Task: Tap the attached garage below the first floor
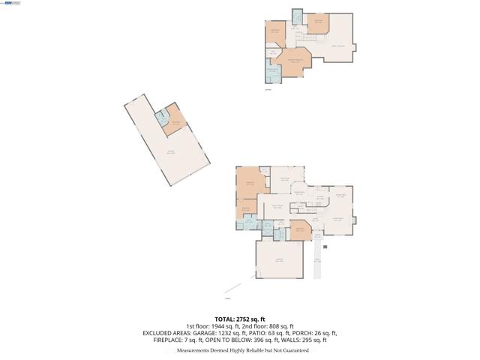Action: pyautogui.click(x=280, y=259)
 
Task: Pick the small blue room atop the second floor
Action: pyautogui.click(x=296, y=16)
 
